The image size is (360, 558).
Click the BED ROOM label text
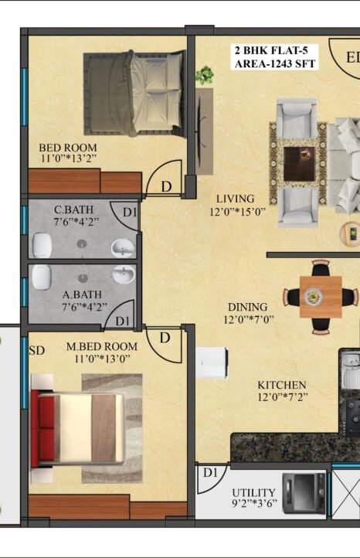[67, 148]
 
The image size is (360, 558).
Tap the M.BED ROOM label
[102, 346]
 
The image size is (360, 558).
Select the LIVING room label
[236, 199]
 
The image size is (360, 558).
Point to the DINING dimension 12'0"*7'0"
[249, 319]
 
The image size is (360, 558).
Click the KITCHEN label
[282, 385]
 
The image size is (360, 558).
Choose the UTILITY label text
[253, 492]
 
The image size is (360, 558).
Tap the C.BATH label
[73, 209]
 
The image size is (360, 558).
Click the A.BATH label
[82, 294]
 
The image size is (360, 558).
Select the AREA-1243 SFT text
[275, 63]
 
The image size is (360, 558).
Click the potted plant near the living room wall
[205, 76]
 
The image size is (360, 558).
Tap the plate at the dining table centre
[313, 296]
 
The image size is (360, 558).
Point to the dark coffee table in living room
[299, 164]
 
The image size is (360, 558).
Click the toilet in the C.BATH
[42, 245]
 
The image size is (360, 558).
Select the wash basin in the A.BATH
[124, 274]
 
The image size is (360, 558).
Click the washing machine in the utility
[304, 493]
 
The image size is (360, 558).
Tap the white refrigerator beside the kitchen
[212, 363]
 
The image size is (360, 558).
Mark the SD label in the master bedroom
[37, 351]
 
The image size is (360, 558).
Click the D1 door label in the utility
[210, 472]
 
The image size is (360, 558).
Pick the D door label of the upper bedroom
[166, 186]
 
